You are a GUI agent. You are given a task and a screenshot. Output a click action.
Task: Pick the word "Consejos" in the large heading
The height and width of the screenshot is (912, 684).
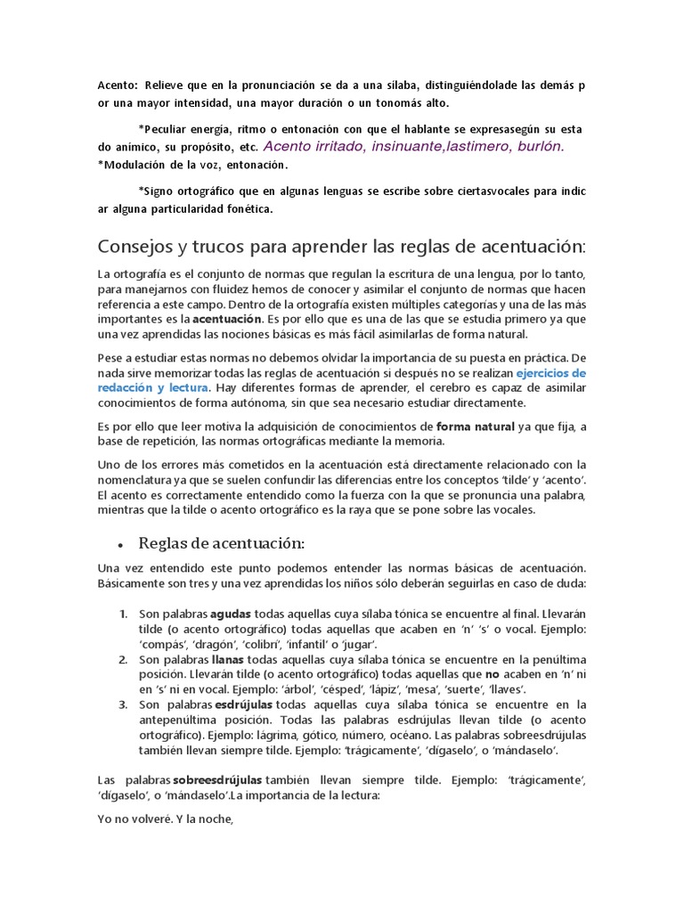(x=141, y=246)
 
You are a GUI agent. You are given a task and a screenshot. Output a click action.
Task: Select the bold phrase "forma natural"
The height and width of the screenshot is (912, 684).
(x=475, y=427)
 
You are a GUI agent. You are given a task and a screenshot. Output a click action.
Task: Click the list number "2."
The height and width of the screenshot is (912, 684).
(x=124, y=659)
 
